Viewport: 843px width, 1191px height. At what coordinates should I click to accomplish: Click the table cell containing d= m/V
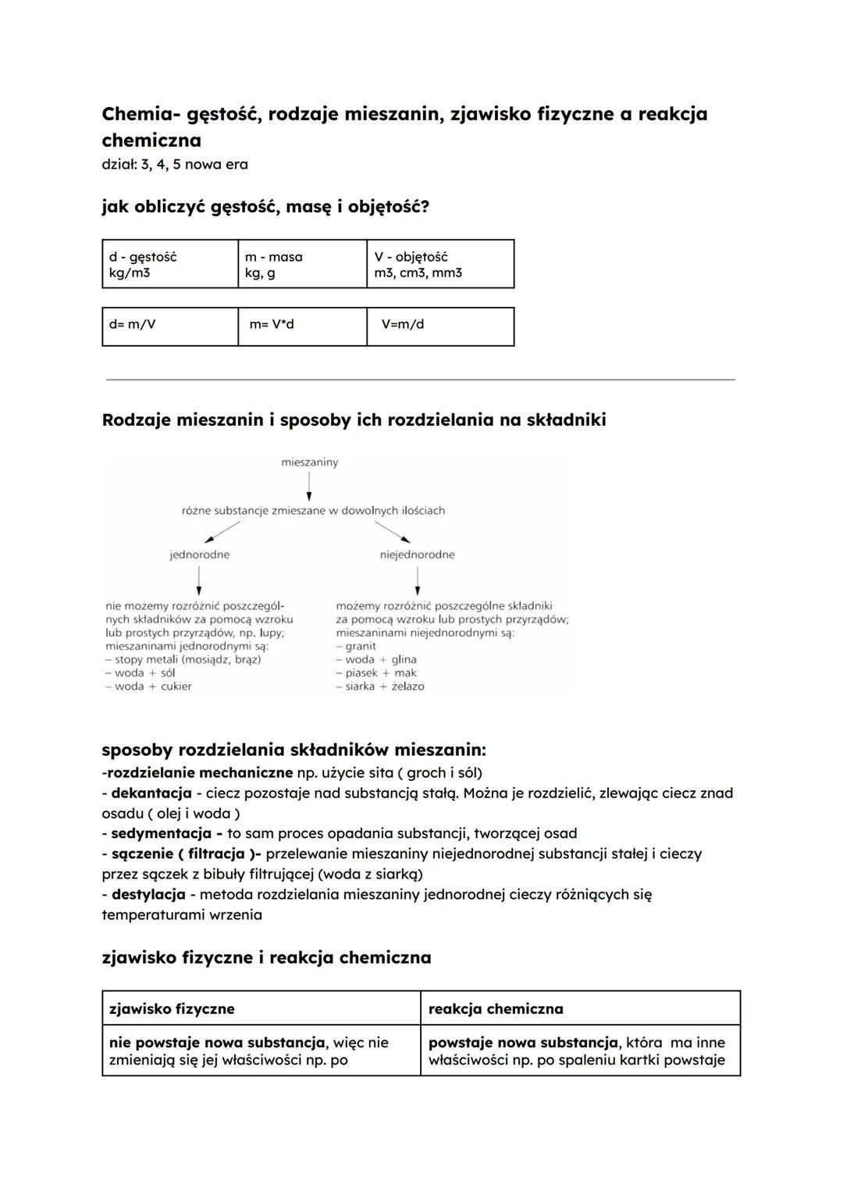click(x=169, y=326)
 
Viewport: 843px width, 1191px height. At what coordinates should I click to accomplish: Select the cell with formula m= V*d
click(x=302, y=326)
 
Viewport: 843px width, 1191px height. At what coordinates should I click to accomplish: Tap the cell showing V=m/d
click(x=440, y=326)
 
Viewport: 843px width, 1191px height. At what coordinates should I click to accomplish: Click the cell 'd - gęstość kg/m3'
click(x=169, y=264)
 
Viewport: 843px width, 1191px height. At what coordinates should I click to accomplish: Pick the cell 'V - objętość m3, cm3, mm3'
click(x=440, y=264)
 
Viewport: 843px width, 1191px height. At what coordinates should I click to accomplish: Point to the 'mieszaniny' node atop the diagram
click(x=309, y=462)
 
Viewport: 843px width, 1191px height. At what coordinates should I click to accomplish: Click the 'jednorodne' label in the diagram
click(x=200, y=554)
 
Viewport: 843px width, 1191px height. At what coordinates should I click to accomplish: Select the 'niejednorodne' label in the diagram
click(x=417, y=554)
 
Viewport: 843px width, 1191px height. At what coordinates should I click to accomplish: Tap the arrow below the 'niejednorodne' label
click(x=418, y=580)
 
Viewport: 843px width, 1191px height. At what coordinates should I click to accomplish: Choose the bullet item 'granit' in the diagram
click(x=360, y=646)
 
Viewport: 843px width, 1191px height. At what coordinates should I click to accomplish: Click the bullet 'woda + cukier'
click(x=153, y=686)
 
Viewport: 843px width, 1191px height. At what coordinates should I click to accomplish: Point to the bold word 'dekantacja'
click(x=151, y=793)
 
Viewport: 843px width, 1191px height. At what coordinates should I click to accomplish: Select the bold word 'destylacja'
click(x=148, y=894)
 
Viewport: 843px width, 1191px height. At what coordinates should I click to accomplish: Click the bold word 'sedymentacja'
click(x=161, y=833)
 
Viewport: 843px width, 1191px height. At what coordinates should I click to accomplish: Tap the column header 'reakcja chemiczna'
click(x=496, y=1008)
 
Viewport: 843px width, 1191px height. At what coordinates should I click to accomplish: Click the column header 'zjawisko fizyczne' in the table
click(x=172, y=1008)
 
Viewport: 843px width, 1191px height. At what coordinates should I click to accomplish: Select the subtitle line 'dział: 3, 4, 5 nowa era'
click(x=175, y=164)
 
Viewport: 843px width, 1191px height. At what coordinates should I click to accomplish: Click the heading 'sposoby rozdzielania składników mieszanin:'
click(x=293, y=750)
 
